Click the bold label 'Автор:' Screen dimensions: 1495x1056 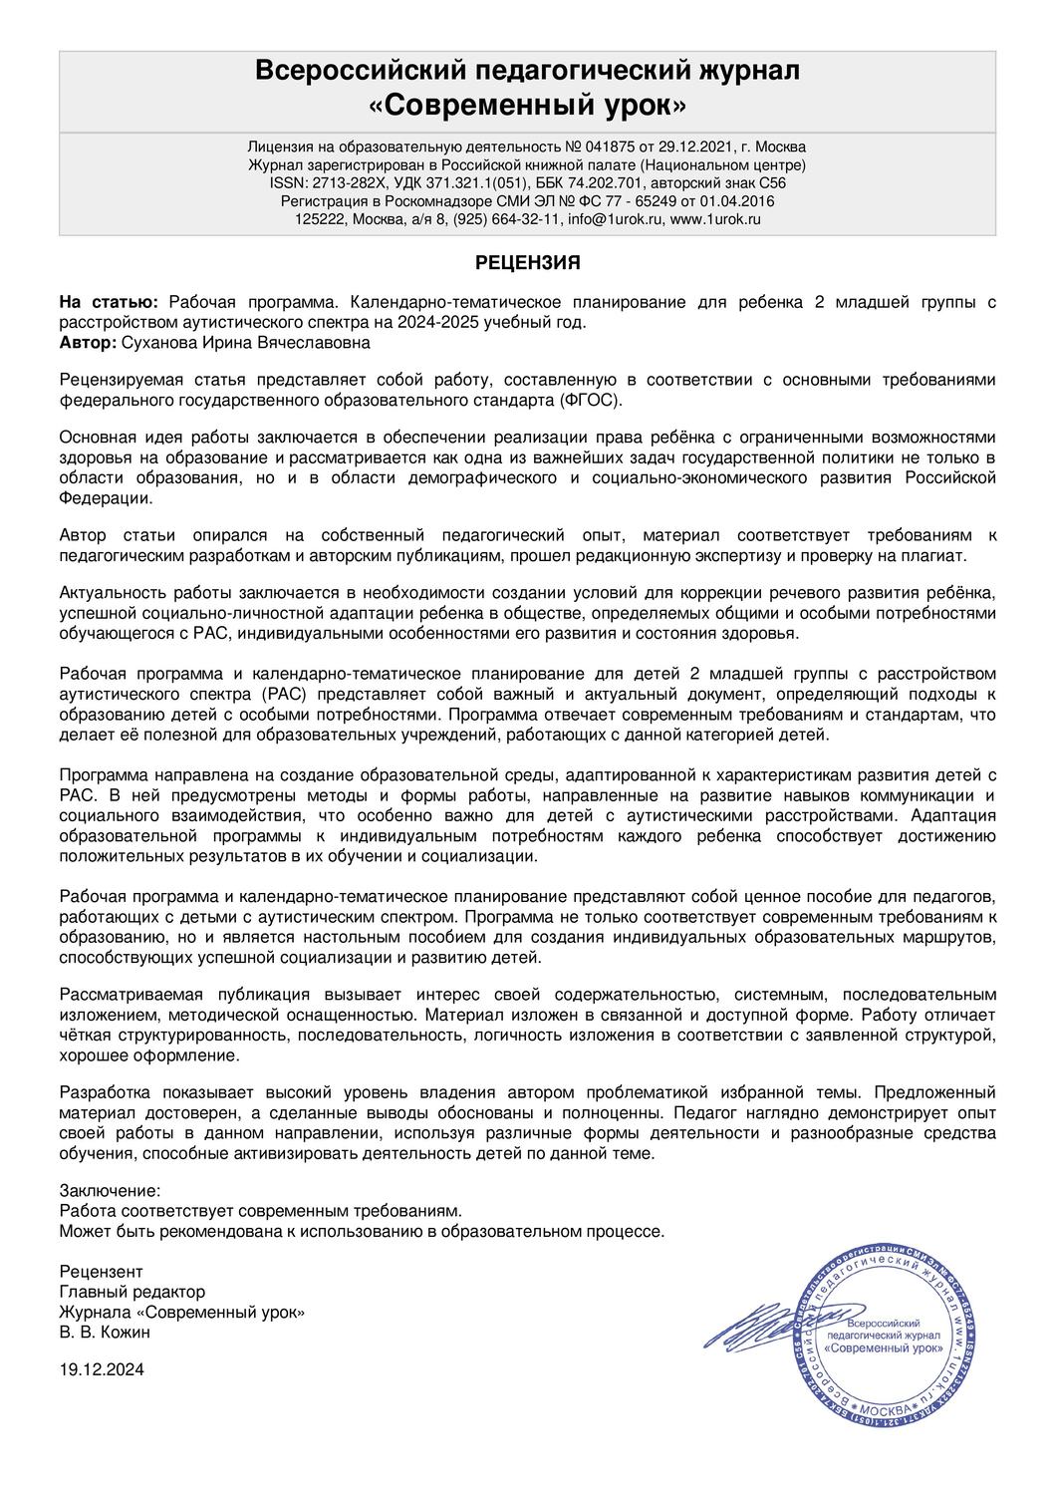tap(88, 342)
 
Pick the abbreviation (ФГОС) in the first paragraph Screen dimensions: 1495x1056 tap(590, 399)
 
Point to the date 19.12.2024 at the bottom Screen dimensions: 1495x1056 tap(102, 1369)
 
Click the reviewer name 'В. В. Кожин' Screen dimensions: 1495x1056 tap(106, 1332)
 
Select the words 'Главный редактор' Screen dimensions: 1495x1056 tap(132, 1292)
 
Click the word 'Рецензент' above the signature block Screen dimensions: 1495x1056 tap(101, 1272)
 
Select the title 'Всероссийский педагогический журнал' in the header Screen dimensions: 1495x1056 tap(527, 70)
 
